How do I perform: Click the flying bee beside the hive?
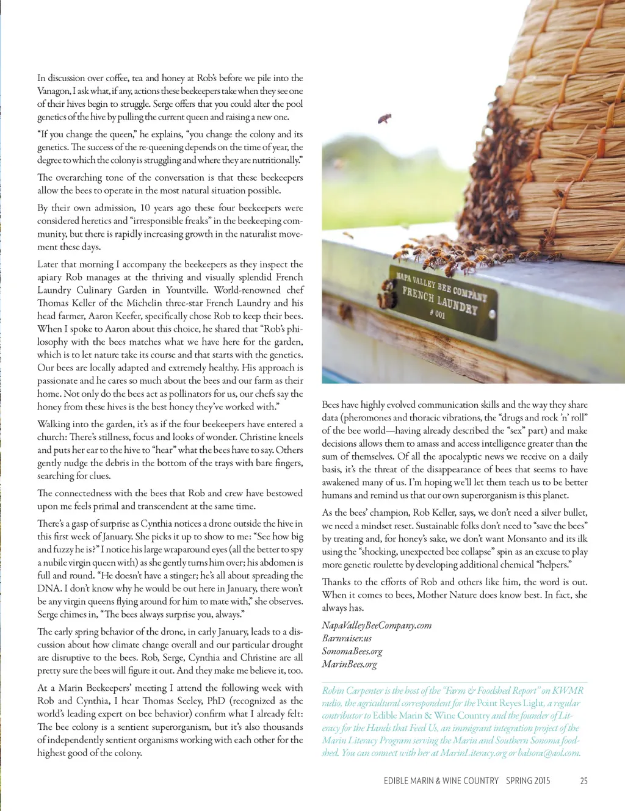[x=385, y=118]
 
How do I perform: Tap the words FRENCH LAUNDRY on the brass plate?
[x=439, y=299]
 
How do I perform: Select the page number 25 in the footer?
[x=583, y=780]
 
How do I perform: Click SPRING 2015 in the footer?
[x=528, y=780]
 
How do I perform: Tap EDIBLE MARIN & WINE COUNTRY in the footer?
[x=441, y=780]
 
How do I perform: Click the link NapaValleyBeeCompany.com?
[x=377, y=625]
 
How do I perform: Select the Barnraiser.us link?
[x=347, y=638]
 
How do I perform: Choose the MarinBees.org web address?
[x=349, y=664]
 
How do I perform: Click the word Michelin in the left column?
[x=150, y=303]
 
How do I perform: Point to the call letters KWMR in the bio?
[x=568, y=690]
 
